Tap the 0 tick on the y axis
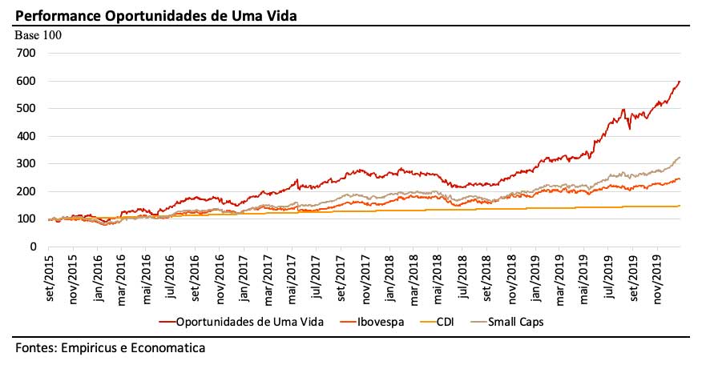(34, 247)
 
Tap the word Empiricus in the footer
(91, 348)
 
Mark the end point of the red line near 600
(680, 81)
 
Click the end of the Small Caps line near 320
(680, 158)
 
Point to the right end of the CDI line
(680, 206)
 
